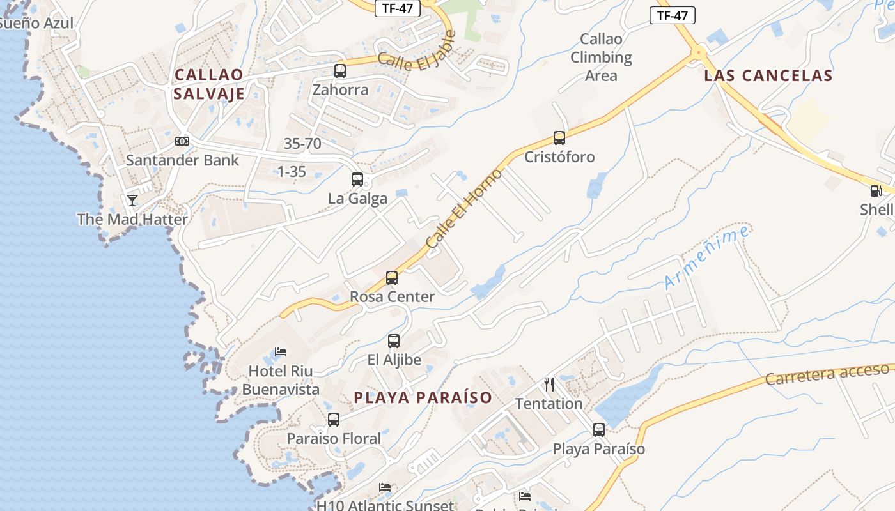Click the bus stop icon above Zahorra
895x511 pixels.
pyautogui.click(x=340, y=71)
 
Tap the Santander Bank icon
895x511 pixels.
pyautogui.click(x=182, y=141)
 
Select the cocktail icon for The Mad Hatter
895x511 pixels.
pyautogui.click(x=132, y=201)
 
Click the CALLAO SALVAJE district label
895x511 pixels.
pyautogui.click(x=209, y=84)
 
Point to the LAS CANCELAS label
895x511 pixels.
pyautogui.click(x=768, y=75)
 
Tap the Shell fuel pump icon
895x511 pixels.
pyautogui.click(x=876, y=190)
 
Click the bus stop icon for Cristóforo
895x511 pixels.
pyautogui.click(x=559, y=138)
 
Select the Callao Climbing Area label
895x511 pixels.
pyautogui.click(x=601, y=57)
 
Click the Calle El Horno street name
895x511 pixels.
pyautogui.click(x=464, y=209)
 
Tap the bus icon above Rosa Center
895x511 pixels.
pyautogui.click(x=392, y=278)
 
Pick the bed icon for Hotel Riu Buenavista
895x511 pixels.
pyautogui.click(x=280, y=351)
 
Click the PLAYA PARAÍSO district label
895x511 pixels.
pyautogui.click(x=423, y=397)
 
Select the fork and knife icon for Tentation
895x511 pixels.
pyautogui.click(x=549, y=384)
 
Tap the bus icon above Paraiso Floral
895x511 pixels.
pyautogui.click(x=334, y=420)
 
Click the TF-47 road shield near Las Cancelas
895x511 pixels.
pyautogui.click(x=672, y=16)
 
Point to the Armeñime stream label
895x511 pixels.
pyautogui.click(x=706, y=257)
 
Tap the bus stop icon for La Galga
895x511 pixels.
pyautogui.click(x=357, y=179)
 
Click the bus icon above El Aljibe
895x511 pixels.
pyautogui.click(x=394, y=341)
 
